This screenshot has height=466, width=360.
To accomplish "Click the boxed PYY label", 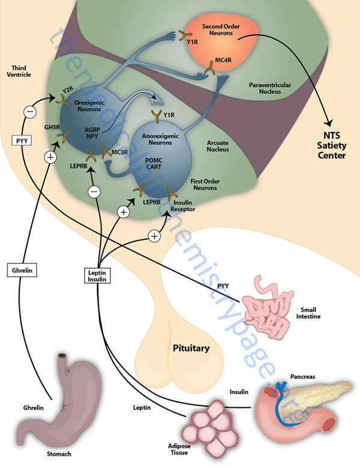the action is click(x=22, y=140).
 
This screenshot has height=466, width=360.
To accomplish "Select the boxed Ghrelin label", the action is click(x=22, y=270).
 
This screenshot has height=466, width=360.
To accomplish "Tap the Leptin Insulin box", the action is click(x=97, y=275).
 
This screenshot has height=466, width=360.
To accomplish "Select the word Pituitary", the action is click(x=191, y=348).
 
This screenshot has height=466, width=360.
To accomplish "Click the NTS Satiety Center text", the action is click(x=331, y=145).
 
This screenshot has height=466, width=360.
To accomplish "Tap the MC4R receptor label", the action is click(x=223, y=61).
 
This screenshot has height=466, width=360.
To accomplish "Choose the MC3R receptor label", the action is click(x=120, y=152).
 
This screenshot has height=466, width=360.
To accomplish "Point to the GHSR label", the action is click(x=52, y=127).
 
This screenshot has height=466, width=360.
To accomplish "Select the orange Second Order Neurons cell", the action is click(x=222, y=43).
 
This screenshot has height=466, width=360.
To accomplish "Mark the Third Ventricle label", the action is click(x=19, y=71).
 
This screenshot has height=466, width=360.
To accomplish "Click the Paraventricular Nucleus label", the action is click(x=270, y=88).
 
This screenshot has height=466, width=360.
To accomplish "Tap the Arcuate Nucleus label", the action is click(x=218, y=146).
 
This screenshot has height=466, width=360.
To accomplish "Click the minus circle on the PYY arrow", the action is click(x=30, y=112).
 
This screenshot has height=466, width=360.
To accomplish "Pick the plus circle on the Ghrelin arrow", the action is click(x=50, y=157).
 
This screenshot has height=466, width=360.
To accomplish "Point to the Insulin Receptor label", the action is click(x=183, y=206).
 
